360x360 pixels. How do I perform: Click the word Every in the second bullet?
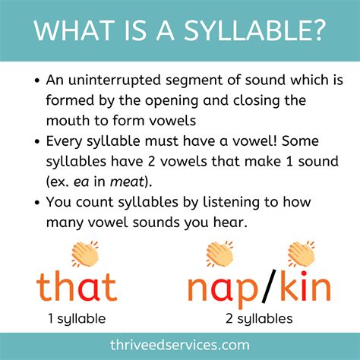coord(65,143)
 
